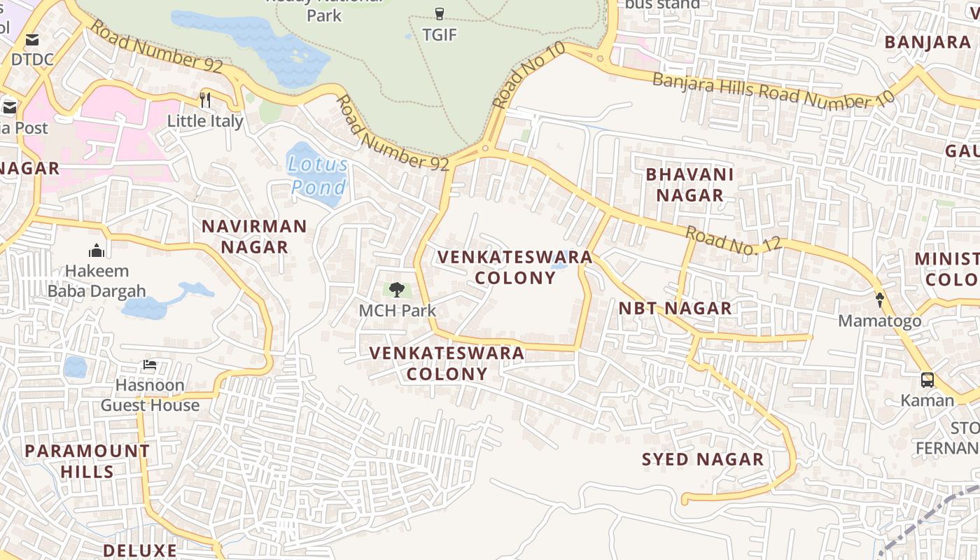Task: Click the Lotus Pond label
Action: coord(319,176)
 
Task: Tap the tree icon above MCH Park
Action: coord(397,289)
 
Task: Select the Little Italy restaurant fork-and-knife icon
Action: coord(205,99)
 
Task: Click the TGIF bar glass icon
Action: coord(440,13)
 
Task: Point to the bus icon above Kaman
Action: coord(927,380)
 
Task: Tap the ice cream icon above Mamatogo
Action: coord(880,300)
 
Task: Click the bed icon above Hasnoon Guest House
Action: coord(150,365)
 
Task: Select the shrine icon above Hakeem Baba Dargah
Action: coord(97,250)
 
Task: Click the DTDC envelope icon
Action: coord(32,40)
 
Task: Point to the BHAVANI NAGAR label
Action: coord(689,185)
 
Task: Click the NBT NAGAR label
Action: coord(675,308)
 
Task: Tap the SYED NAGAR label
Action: coord(703,459)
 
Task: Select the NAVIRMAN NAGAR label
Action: coord(254,237)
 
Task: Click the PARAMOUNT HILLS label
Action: coord(87,461)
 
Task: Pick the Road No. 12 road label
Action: coord(733,240)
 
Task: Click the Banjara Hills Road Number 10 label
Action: coord(773,90)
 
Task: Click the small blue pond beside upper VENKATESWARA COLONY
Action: coord(559,265)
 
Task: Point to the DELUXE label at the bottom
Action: coord(140,550)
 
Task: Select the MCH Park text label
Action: coord(397,310)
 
